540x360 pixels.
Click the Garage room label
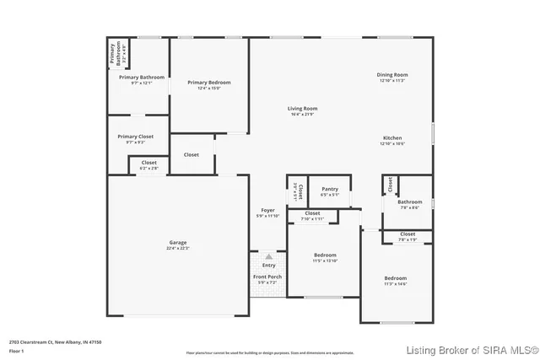(177, 242)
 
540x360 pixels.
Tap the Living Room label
(302, 108)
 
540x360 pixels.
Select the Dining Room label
(392, 75)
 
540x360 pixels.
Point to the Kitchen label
(392, 137)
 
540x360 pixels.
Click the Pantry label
(330, 189)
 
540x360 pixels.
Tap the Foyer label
(267, 210)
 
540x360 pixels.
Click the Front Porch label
(267, 277)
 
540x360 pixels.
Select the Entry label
(268, 266)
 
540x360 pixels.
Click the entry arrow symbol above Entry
(268, 255)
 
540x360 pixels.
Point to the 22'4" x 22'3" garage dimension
(177, 248)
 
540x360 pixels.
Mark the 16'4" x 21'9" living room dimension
(302, 114)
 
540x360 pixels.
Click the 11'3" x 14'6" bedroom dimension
(396, 284)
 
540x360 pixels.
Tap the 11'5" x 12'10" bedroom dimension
(325, 261)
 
